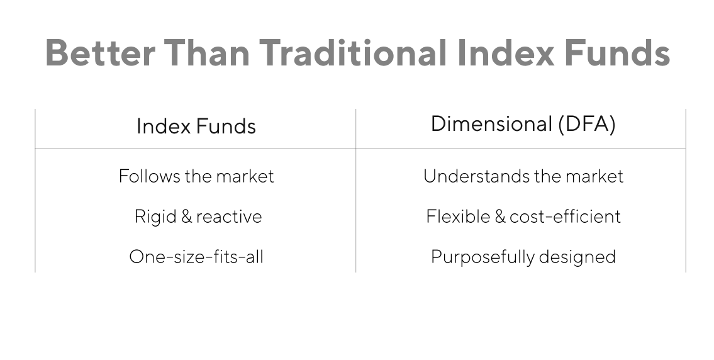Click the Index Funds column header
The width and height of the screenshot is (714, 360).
(196, 126)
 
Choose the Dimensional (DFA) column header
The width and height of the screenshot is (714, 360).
(523, 124)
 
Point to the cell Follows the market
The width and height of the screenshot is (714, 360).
(196, 176)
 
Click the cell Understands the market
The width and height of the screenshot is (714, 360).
(523, 176)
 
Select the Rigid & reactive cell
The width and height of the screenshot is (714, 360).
(198, 217)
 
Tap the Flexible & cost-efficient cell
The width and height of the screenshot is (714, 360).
(523, 217)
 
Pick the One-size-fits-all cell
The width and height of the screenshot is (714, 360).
(196, 257)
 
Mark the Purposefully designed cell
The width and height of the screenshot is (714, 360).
(523, 257)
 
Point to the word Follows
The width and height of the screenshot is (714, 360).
(148, 176)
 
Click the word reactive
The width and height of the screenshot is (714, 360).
(229, 217)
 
